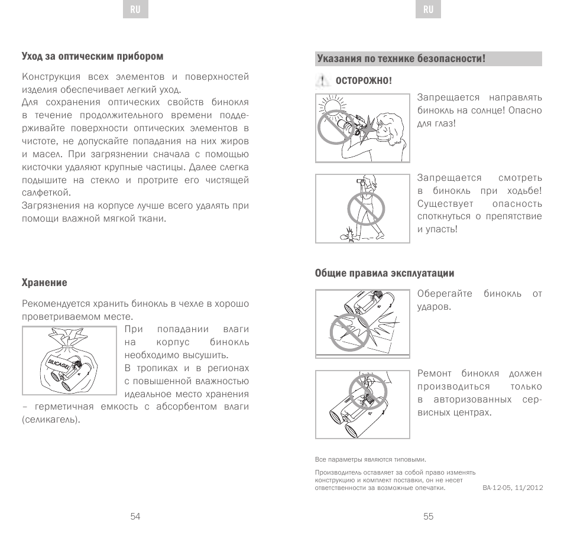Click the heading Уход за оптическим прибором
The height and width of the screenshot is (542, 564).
92,56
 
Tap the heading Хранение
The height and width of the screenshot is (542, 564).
44,283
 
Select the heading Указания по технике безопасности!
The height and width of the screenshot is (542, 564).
401,59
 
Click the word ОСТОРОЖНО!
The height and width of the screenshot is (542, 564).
364,80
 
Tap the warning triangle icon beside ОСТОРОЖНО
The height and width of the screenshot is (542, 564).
322,80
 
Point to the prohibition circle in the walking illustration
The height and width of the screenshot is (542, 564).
366,209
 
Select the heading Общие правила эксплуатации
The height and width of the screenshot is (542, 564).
384,273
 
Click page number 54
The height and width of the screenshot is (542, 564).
135,516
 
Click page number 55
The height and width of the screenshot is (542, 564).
429,516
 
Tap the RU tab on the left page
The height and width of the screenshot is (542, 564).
135,10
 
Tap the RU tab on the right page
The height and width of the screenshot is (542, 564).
429,10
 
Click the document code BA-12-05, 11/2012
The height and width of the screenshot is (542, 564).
513,488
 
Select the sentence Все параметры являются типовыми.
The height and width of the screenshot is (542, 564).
370,459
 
